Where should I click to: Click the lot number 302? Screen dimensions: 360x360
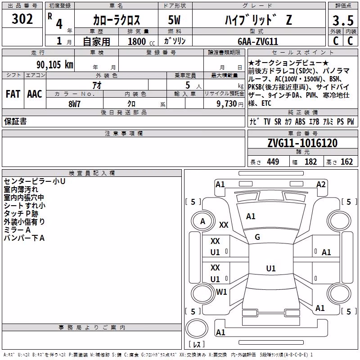[22, 19]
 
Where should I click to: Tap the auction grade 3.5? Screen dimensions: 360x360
[343, 21]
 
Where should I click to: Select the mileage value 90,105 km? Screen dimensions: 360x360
[54, 65]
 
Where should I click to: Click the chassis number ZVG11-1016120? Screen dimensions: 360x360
[302, 143]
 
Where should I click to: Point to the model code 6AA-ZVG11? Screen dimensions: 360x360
[257, 41]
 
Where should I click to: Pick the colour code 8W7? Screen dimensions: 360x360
[74, 104]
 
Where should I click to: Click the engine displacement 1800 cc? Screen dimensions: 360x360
[141, 41]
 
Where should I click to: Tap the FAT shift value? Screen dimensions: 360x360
[13, 94]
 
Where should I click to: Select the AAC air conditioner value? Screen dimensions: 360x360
[35, 94]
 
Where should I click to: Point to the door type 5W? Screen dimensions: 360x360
[174, 20]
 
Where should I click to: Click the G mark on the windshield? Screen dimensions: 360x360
[257, 237]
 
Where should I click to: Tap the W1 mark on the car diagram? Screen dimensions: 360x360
[221, 292]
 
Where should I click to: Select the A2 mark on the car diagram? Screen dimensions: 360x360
[321, 184]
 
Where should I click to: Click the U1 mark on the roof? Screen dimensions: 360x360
[271, 268]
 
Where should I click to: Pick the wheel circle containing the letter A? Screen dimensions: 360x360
[202, 221]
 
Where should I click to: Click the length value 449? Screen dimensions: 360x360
[273, 162]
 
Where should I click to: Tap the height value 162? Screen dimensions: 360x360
[346, 162]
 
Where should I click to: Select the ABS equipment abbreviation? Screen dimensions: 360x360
[300, 121]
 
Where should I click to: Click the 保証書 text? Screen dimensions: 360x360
[15, 121]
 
